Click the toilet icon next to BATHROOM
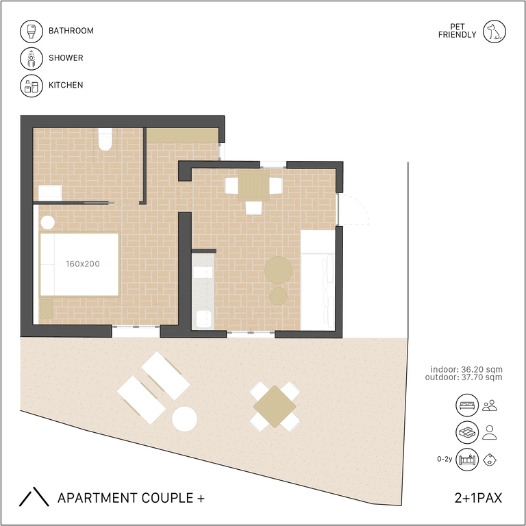point(32,32)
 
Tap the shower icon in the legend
point(32,58)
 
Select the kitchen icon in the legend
point(32,86)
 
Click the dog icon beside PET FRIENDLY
point(494,32)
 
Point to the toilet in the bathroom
point(105,139)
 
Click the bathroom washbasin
point(50,192)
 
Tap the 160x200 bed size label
point(82,264)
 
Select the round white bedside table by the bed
point(48,222)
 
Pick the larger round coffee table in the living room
point(278,270)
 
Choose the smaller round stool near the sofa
point(278,296)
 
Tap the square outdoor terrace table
point(275,406)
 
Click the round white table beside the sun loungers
point(184,418)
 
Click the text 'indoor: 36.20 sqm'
point(466,369)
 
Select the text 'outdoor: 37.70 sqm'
point(464,377)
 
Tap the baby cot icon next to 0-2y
point(467,460)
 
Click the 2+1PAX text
point(478,498)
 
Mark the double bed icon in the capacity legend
point(467,405)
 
